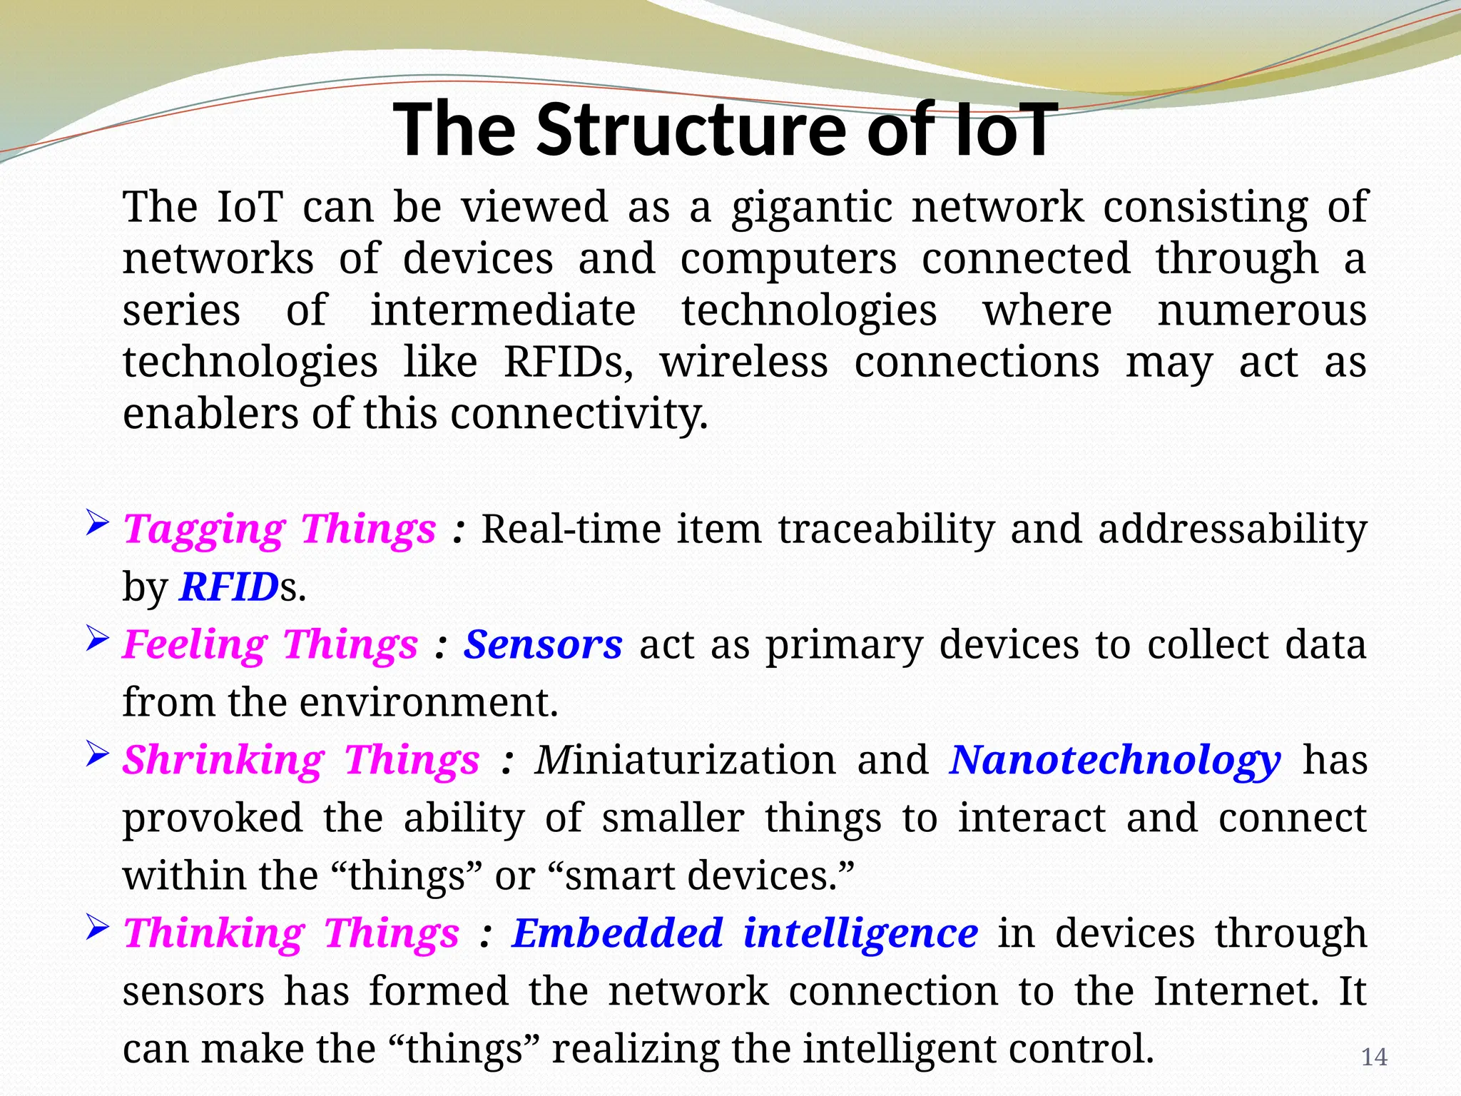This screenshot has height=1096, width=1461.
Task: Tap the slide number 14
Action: click(x=1374, y=1057)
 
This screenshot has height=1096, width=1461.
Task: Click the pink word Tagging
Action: click(x=204, y=529)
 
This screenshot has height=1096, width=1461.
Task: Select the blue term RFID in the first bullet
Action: click(x=229, y=587)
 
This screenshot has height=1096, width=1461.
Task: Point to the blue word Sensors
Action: click(x=543, y=645)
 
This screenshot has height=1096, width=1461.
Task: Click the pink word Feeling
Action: click(x=194, y=645)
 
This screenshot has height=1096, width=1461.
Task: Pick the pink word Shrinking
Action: click(x=223, y=760)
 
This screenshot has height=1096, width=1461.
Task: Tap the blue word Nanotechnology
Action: click(x=1115, y=761)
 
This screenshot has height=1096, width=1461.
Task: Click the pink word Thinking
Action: click(x=214, y=933)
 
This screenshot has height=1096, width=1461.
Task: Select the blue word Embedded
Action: click(x=618, y=933)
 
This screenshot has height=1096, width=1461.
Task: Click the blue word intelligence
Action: click(x=860, y=935)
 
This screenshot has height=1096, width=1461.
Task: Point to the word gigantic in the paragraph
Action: click(x=812, y=208)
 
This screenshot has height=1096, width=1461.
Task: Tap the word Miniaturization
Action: click(x=686, y=760)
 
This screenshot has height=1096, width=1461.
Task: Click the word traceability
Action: click(x=886, y=529)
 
